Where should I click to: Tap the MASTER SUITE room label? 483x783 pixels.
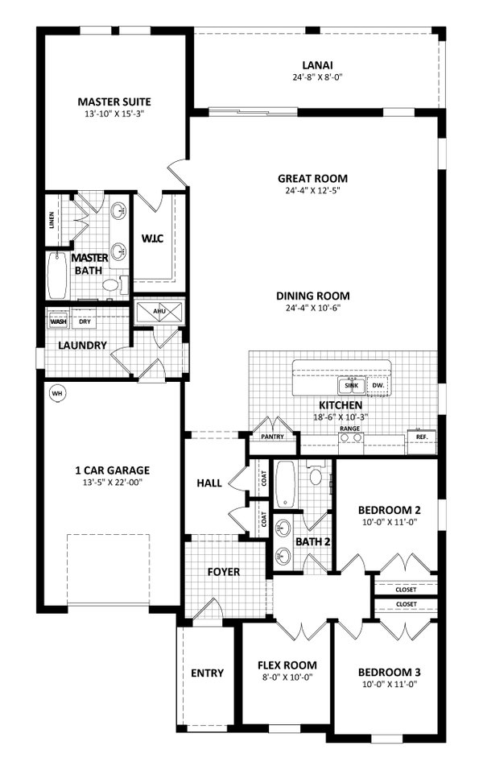pyautogui.click(x=114, y=101)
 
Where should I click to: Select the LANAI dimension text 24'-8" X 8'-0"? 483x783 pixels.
pyautogui.click(x=317, y=79)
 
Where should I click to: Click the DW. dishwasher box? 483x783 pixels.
pyautogui.click(x=378, y=387)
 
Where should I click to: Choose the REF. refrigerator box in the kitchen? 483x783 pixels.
pyautogui.click(x=421, y=438)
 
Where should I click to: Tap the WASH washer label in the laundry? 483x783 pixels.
pyautogui.click(x=59, y=321)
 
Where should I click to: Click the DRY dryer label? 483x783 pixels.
pyautogui.click(x=85, y=321)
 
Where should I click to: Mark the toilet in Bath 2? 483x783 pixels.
pyautogui.click(x=316, y=477)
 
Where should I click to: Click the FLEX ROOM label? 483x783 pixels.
pyautogui.click(x=287, y=665)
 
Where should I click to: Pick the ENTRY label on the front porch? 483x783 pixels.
pyautogui.click(x=207, y=673)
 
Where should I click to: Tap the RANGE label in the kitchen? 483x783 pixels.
pyautogui.click(x=349, y=429)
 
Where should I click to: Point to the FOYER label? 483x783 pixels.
pyautogui.click(x=225, y=572)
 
